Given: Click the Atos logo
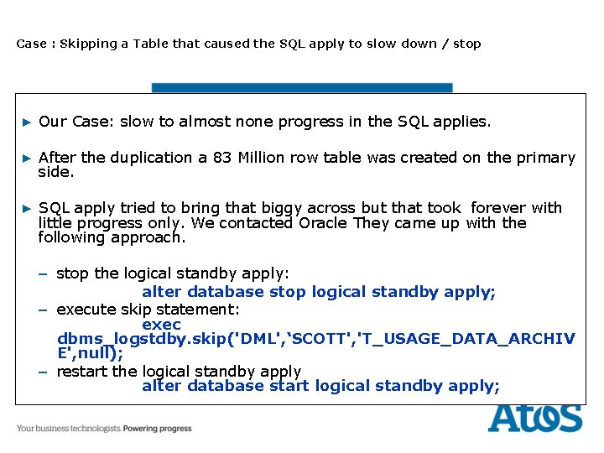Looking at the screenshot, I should click(534, 417).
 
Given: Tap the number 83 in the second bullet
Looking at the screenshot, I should click(221, 158).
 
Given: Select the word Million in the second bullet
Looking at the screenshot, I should click(261, 158).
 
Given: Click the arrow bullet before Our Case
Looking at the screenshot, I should click(26, 122).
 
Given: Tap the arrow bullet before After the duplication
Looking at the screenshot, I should click(26, 159).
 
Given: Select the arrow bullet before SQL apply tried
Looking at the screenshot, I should click(26, 209).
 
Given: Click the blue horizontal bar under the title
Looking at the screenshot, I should click(301, 87).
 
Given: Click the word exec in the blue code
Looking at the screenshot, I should click(161, 325).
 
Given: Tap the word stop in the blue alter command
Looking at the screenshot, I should click(288, 292).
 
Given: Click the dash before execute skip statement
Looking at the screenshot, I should click(42, 310).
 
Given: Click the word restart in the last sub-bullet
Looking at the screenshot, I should click(81, 371).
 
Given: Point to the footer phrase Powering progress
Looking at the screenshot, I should click(157, 429).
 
